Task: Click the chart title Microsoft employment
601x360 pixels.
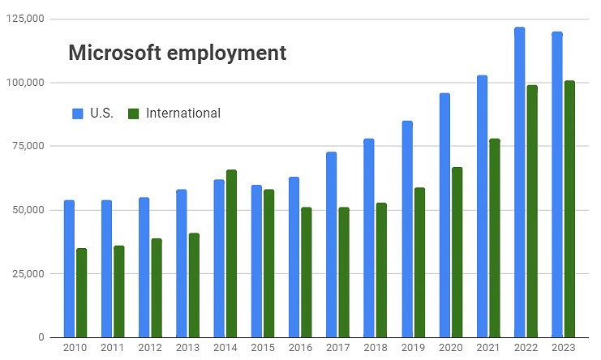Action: coord(177,54)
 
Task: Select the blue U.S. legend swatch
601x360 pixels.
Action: coord(78,114)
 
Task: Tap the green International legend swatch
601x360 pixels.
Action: coord(134,114)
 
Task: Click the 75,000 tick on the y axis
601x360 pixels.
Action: coord(28,146)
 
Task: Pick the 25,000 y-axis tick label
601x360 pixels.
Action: coord(28,273)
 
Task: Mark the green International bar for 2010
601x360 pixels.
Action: coord(81,293)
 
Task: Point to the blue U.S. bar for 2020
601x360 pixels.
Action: coord(444,216)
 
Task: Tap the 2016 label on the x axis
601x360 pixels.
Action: coord(299,347)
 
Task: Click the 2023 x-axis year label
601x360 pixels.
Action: coord(563,347)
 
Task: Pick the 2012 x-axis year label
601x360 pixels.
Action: coord(149,347)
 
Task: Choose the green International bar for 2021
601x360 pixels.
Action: coord(495,238)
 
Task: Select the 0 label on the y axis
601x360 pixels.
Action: coord(40,337)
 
